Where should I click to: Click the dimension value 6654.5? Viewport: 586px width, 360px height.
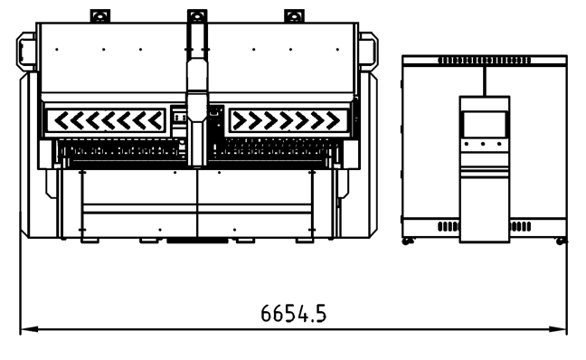(293, 313)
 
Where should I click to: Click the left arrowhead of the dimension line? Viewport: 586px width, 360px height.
(29, 329)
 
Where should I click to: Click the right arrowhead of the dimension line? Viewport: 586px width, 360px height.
(558, 329)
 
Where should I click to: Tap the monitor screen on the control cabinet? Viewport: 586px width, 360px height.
(485, 124)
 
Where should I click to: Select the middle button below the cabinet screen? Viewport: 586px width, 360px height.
(483, 144)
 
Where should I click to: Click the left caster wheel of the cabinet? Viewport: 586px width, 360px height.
(406, 242)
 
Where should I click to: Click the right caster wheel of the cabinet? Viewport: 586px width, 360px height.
(561, 242)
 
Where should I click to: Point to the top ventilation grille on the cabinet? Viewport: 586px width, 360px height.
(484, 61)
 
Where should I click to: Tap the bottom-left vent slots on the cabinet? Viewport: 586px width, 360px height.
(449, 226)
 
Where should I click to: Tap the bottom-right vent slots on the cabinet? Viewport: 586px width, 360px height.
(520, 226)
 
